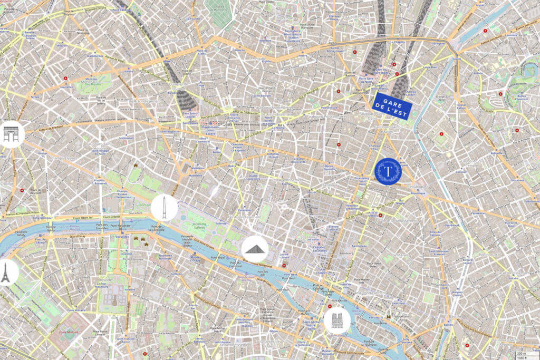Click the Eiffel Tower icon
pyautogui.click(x=6, y=272)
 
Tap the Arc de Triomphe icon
pyautogui.click(x=11, y=134)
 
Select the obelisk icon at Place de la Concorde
pyautogui.click(x=164, y=208)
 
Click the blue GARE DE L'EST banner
pyautogui.click(x=392, y=100)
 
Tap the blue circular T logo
pyautogui.click(x=388, y=171)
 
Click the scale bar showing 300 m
pyautogui.click(x=522, y=353)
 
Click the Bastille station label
pyautogui.click(x=454, y=316)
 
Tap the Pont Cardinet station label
pyautogui.click(x=126, y=10)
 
